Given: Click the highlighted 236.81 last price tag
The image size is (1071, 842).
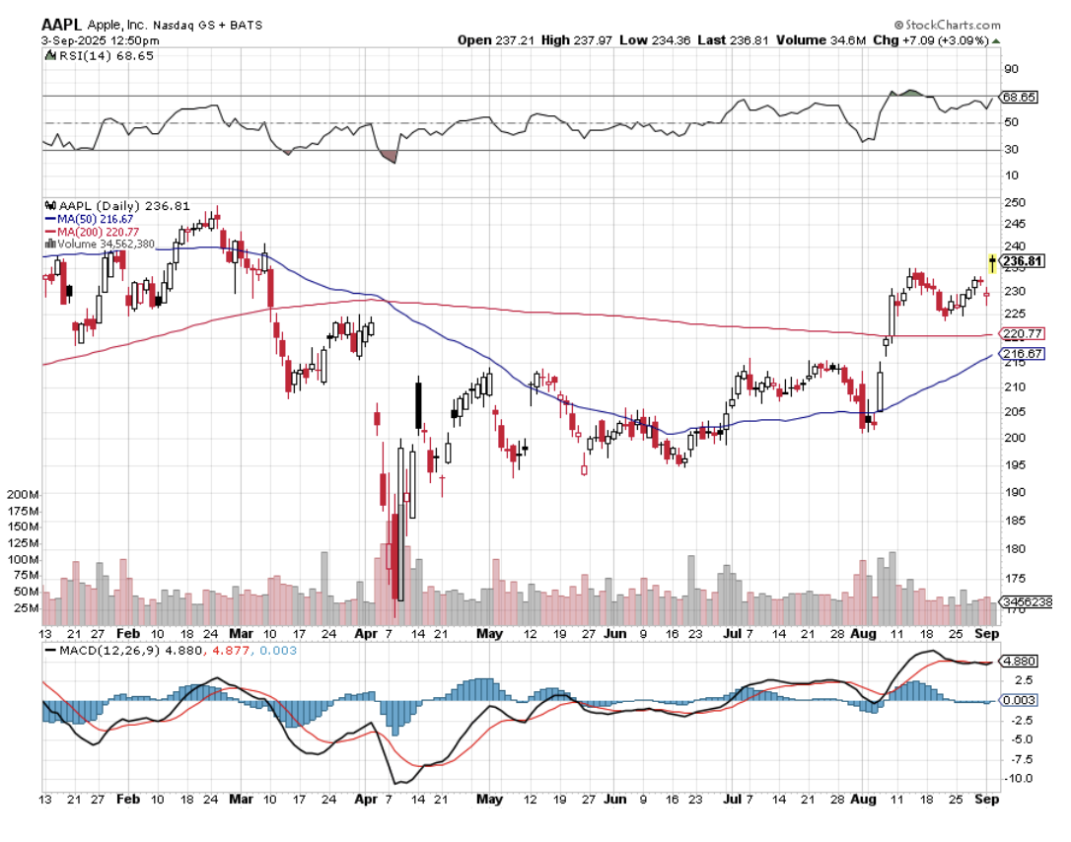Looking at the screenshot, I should (x=1022, y=261).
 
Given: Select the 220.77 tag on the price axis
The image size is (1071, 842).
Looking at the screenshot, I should (x=1022, y=334).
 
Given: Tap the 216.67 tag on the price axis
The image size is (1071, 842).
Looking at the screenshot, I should (x=1022, y=354).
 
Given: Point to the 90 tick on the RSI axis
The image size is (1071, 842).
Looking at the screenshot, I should (x=1010, y=69).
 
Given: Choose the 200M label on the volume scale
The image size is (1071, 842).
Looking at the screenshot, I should (x=22, y=494).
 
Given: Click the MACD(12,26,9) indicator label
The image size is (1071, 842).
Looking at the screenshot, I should (x=99, y=651).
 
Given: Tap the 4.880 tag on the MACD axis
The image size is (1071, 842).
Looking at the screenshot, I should (x=1020, y=661).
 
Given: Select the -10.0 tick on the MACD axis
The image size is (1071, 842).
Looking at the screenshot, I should (x=1016, y=779).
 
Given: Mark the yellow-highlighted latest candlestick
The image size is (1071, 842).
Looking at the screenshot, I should (x=992, y=262).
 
